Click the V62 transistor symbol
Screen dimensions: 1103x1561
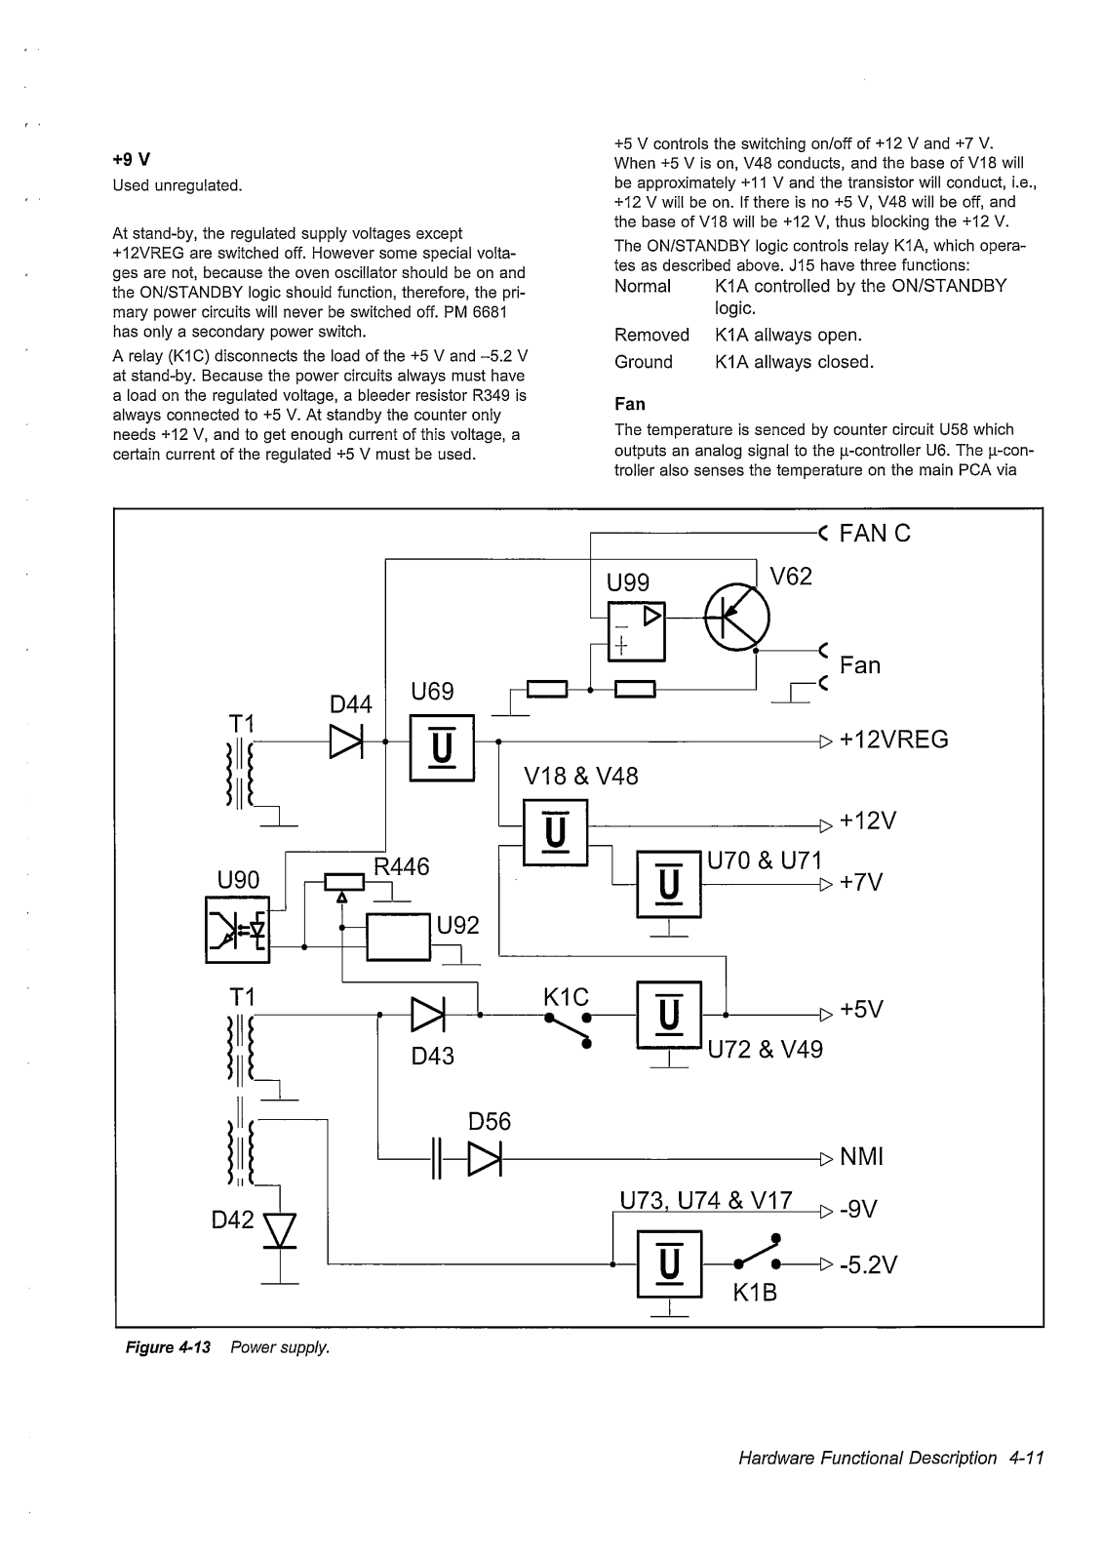coord(736,618)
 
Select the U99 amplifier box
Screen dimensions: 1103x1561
coord(636,631)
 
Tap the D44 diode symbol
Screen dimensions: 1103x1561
coord(346,741)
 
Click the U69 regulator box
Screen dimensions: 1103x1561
coord(442,747)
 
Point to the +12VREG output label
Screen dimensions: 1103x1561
coord(894,740)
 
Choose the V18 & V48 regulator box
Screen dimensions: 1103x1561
coord(555,832)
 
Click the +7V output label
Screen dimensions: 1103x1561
coord(861,882)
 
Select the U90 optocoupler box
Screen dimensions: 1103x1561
coord(238,930)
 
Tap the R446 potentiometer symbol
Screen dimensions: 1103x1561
coord(343,884)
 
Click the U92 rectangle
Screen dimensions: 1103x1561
coord(399,937)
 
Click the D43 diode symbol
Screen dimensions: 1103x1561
coord(428,1015)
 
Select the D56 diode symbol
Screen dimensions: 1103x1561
coord(485,1159)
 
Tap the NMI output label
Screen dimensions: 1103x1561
coord(861,1157)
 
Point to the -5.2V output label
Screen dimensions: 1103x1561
coord(869,1264)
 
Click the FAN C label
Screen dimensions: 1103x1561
coord(875,533)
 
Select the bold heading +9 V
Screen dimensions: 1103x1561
coord(131,160)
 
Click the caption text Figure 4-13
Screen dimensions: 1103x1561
coord(168,1347)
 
